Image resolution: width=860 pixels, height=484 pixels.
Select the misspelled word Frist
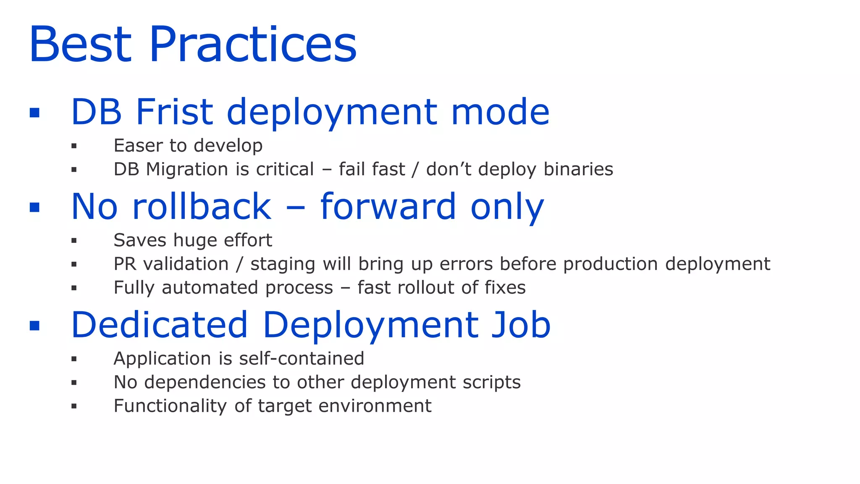[x=174, y=112]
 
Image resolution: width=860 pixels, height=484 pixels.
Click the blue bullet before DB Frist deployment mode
[x=35, y=113]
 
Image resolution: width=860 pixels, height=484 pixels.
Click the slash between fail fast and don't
[x=415, y=169]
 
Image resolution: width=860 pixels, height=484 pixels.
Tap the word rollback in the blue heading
[x=202, y=207]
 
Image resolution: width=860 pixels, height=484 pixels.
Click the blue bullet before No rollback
[x=35, y=207]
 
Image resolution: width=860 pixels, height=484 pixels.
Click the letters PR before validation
[x=124, y=264]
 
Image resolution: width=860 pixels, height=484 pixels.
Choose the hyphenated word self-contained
[x=301, y=359]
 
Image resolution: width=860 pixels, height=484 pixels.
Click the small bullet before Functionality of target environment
[x=74, y=406]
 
